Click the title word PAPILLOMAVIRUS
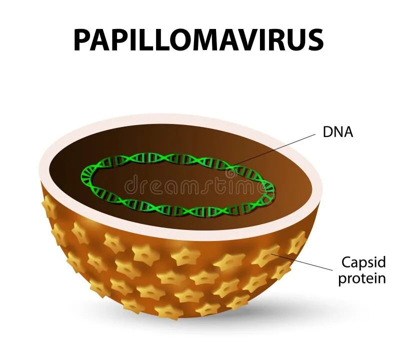click(x=198, y=40)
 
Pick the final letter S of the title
click(x=314, y=40)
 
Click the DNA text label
click(x=338, y=132)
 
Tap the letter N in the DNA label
click(x=338, y=132)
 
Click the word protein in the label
click(x=362, y=278)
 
